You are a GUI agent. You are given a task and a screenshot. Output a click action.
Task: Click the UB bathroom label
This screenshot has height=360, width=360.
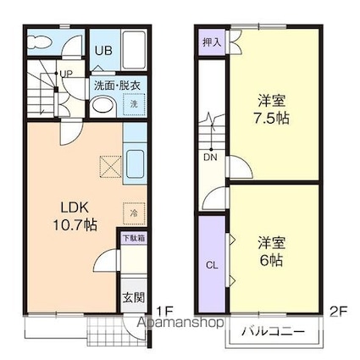[103, 50]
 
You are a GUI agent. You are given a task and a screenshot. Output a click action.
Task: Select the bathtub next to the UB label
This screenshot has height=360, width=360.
[134, 51]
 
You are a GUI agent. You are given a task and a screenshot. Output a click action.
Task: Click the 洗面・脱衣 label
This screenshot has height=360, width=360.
[117, 86]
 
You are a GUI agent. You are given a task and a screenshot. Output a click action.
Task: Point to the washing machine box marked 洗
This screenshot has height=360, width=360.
[134, 104]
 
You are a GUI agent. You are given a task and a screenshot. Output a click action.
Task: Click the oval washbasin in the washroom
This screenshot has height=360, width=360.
[103, 106]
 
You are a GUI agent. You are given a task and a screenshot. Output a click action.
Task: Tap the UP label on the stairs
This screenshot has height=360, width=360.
[66, 74]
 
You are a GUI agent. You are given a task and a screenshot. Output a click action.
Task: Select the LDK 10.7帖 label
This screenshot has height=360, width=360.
[75, 216]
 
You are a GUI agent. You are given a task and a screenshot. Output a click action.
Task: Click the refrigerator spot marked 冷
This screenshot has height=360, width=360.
[134, 213]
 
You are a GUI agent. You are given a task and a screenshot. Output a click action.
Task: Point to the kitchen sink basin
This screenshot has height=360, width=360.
[135, 164]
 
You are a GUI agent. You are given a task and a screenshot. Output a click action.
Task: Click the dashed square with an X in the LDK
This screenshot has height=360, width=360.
[111, 167]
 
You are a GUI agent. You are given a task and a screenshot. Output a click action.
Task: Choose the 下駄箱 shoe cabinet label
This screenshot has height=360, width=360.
[134, 238]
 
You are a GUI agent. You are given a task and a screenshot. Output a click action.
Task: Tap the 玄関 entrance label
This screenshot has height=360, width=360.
[134, 297]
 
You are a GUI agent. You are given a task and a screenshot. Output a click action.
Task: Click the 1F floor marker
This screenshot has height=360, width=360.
[164, 312]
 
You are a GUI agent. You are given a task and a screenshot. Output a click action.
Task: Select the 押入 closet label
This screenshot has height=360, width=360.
[212, 42]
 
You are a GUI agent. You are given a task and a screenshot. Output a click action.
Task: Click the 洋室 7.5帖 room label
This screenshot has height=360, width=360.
[271, 110]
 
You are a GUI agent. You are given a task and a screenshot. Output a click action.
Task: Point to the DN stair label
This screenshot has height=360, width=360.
[211, 158]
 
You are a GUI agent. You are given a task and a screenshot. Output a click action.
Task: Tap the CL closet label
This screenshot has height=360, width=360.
[212, 265]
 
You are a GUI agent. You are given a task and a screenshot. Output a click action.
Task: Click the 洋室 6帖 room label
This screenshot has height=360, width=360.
[271, 252]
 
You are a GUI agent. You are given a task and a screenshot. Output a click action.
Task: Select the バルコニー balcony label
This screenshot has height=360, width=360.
[274, 331]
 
